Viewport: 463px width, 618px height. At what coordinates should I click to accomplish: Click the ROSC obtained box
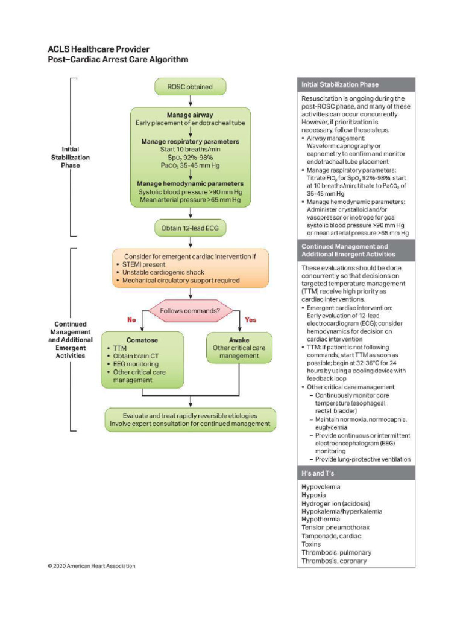tap(190, 87)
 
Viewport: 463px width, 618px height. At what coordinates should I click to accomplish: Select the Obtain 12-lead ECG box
tap(190, 228)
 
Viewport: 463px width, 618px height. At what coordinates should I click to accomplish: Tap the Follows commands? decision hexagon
tap(190, 311)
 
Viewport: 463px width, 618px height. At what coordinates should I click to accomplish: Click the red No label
tap(130, 320)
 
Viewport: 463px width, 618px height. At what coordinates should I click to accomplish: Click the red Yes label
tap(250, 320)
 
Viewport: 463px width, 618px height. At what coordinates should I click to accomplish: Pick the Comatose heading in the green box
tap(142, 340)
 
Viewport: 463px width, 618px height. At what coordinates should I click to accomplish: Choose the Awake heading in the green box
tap(239, 340)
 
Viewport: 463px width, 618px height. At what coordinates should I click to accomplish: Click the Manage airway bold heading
tap(190, 115)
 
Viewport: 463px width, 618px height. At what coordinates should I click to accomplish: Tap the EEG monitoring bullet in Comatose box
tap(136, 364)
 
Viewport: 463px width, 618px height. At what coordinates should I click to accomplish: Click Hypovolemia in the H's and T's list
tap(321, 486)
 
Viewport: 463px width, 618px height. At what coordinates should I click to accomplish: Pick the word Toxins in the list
tap(313, 544)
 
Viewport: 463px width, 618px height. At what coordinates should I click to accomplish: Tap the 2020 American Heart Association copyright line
tap(92, 565)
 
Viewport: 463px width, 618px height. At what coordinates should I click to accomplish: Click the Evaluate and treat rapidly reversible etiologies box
tap(190, 419)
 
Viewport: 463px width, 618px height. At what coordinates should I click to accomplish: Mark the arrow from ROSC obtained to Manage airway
tap(190, 101)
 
